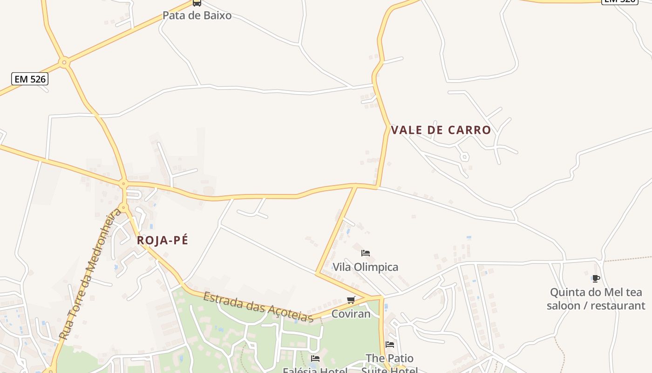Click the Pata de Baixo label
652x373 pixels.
point(197,15)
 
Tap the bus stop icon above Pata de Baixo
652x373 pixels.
point(197,3)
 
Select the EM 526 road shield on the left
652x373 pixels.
point(30,79)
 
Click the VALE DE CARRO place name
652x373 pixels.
point(441,130)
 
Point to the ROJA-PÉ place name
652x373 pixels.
point(163,241)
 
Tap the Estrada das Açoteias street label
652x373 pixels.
point(258,307)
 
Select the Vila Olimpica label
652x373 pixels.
point(365,267)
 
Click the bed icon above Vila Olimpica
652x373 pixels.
point(366,253)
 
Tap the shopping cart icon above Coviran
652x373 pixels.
point(351,300)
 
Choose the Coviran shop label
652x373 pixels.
point(351,314)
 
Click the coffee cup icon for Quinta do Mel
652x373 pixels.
point(596,279)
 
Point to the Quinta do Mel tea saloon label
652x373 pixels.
point(596,299)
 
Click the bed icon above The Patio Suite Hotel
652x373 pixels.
point(390,345)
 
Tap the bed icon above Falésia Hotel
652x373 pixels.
point(315,359)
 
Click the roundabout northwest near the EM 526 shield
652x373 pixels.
point(64,62)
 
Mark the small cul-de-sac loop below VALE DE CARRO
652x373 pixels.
point(464,157)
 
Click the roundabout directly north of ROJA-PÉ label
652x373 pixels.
point(123,207)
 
